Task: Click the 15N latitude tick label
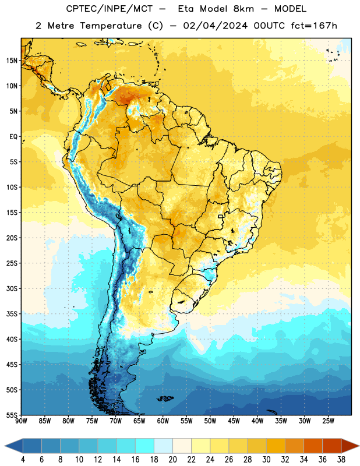point(12,61)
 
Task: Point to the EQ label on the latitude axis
point(13,137)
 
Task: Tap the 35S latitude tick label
point(12,314)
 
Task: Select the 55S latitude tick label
point(12,415)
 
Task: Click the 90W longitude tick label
point(21,421)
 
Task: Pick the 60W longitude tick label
point(163,421)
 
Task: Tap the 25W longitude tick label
point(328,421)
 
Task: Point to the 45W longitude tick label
point(234,421)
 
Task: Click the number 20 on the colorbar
point(172,460)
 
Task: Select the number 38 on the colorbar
point(341,460)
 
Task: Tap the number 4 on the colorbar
point(23,460)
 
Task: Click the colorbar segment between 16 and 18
point(145,446)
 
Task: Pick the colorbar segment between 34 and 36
point(313,446)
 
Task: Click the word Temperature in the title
point(111,26)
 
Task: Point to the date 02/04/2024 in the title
point(215,26)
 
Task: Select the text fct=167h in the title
point(314,26)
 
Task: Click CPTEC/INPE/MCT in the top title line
point(109,9)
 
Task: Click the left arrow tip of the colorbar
point(5,446)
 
